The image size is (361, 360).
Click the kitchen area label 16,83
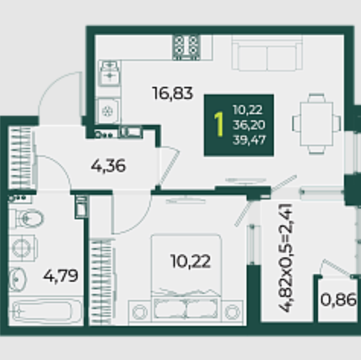coord(172,94)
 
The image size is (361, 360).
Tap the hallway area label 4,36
coord(108,166)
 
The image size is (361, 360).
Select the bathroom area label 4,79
coord(61,276)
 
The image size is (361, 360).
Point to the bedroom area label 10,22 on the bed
coord(191,261)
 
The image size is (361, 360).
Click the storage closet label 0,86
coord(338,300)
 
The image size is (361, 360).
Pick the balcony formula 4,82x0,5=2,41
coord(286,258)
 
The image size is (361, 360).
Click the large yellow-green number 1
coord(219,124)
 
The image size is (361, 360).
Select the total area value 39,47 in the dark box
coord(249,139)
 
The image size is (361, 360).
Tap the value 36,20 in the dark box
coord(249,125)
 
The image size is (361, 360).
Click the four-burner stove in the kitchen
coord(186,48)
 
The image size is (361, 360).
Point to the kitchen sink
coord(110,72)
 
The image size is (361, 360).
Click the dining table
coord(317,124)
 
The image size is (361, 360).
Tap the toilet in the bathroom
coord(26,218)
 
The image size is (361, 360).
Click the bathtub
coord(46,311)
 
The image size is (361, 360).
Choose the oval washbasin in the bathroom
coord(18,280)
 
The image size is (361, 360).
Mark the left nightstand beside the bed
coord(140,312)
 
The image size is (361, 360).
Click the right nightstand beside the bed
coord(232,312)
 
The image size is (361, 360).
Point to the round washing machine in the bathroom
coord(23,248)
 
